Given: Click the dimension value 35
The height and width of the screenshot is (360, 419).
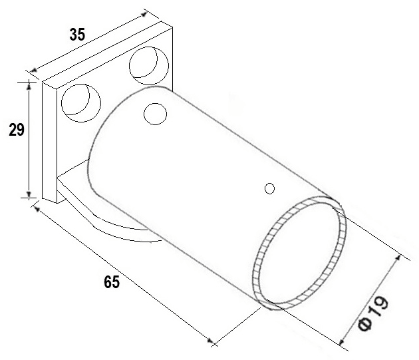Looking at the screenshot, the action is (x=77, y=35).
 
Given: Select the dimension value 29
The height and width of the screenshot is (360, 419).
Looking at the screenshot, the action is (x=17, y=130).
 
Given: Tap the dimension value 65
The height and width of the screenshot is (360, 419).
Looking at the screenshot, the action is (x=112, y=282).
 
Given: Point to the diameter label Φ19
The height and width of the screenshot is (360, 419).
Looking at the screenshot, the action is (x=372, y=313).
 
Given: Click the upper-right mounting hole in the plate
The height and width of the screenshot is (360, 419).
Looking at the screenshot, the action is (x=149, y=65).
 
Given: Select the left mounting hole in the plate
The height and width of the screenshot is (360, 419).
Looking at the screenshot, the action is (x=81, y=103).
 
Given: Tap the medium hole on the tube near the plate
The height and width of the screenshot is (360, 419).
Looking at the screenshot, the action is (x=155, y=114).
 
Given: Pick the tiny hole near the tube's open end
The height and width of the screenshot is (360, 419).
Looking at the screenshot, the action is (x=269, y=188).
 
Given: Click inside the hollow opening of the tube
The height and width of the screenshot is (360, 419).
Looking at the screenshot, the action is (x=299, y=254).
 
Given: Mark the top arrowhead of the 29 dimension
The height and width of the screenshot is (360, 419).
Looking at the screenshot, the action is (x=29, y=85).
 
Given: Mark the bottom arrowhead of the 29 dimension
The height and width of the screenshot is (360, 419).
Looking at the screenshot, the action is (x=29, y=194).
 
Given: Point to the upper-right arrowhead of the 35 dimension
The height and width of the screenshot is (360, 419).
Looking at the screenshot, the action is (x=144, y=14).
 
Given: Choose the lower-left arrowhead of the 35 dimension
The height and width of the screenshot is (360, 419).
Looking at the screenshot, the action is (x=33, y=70).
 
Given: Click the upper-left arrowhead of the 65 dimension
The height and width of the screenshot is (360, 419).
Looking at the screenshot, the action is (x=37, y=209).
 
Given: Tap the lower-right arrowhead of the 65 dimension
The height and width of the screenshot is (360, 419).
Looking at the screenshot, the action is (x=211, y=341).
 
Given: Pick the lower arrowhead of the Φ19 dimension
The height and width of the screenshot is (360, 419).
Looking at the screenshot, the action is (x=342, y=341).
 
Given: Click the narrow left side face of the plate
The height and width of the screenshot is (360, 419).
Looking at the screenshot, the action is (x=50, y=142).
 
